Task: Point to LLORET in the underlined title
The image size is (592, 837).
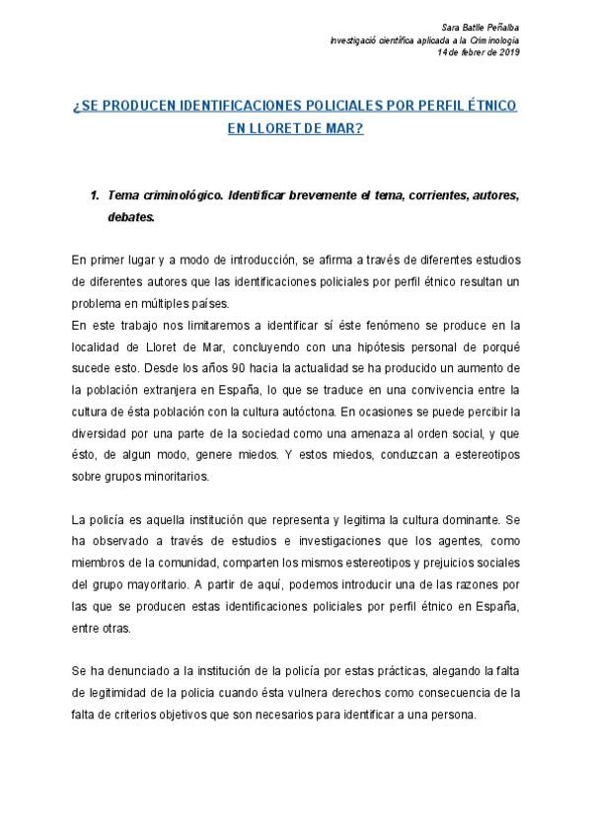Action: [277, 128]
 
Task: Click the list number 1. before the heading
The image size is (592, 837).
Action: [96, 195]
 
